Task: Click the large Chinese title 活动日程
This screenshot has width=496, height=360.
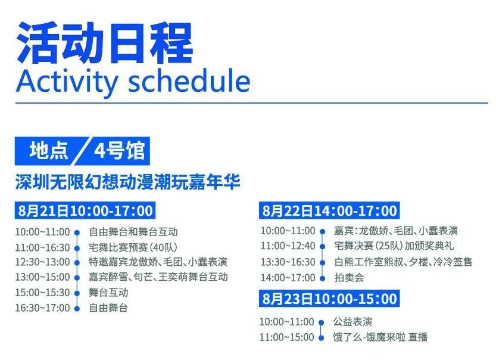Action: tap(105, 43)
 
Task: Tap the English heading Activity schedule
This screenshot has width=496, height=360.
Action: tap(133, 82)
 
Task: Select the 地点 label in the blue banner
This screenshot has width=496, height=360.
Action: tap(49, 150)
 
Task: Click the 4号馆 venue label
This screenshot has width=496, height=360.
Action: tap(120, 150)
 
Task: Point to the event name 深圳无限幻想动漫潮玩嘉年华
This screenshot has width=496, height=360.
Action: tap(127, 182)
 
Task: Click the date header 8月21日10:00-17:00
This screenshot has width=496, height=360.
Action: tap(85, 210)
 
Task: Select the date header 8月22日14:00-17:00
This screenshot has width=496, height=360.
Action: tap(329, 210)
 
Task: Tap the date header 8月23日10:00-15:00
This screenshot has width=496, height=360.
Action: tap(329, 299)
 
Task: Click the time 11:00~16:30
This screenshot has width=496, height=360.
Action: tap(42, 247)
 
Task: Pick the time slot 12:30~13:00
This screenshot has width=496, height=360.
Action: tap(42, 262)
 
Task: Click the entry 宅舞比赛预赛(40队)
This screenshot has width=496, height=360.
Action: tap(133, 247)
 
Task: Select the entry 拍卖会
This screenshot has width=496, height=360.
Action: tap(349, 278)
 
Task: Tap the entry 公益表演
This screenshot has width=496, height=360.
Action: tap(352, 322)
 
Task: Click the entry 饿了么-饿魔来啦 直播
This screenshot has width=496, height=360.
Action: tap(380, 337)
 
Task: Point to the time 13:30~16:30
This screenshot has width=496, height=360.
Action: tap(288, 262)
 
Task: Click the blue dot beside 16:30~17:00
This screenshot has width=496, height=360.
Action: tap(77, 308)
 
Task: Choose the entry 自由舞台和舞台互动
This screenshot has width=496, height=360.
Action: tap(133, 232)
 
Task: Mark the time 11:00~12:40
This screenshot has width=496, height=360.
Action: tap(288, 246)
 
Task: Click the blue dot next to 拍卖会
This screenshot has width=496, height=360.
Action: tap(322, 278)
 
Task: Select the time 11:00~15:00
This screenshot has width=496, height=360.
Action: tap(286, 337)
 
